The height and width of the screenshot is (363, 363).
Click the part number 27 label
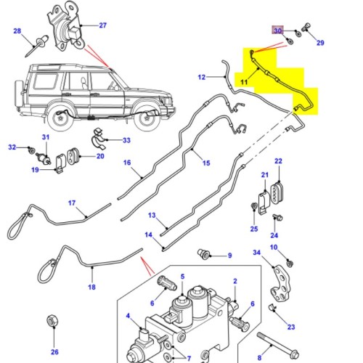(103, 25)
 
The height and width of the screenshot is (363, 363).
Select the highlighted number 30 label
(278, 30)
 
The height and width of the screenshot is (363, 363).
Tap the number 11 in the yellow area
(244, 82)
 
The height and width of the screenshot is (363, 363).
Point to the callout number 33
(126, 140)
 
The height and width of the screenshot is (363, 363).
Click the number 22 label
(278, 161)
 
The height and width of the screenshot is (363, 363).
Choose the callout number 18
(91, 287)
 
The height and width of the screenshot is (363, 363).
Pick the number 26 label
(54, 352)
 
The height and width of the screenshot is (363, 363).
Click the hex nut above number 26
(53, 321)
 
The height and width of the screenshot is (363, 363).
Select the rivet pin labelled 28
(36, 46)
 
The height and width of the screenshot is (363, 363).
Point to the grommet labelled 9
(203, 254)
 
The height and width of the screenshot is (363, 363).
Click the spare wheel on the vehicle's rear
(19, 93)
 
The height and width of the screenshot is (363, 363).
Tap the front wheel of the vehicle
(146, 118)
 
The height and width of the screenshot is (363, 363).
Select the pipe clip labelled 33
(99, 140)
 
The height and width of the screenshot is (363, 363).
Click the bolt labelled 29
(306, 27)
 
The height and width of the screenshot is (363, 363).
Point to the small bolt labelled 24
(277, 217)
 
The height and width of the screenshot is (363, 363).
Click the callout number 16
(127, 163)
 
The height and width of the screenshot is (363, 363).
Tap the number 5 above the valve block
(182, 277)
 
